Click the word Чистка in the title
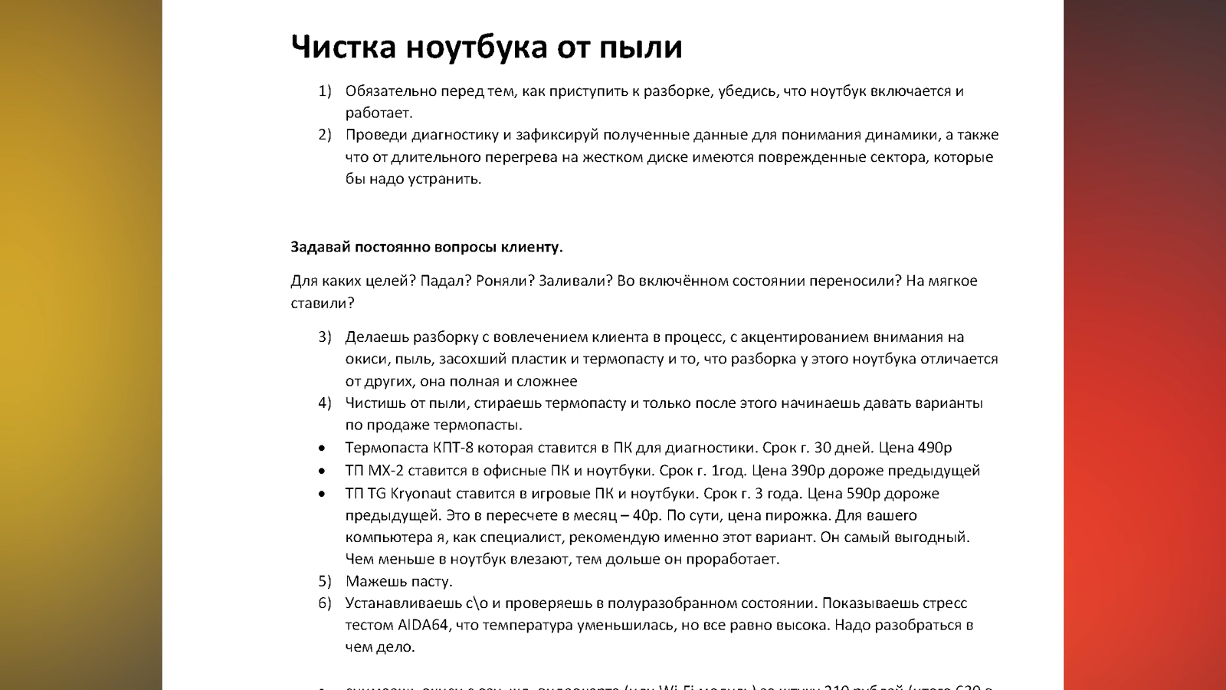click(343, 47)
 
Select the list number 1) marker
click(325, 91)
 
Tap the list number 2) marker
click(325, 135)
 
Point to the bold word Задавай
click(320, 247)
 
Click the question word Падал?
click(444, 281)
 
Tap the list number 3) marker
click(325, 337)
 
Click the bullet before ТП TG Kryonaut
click(322, 494)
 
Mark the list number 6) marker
click(325, 603)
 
